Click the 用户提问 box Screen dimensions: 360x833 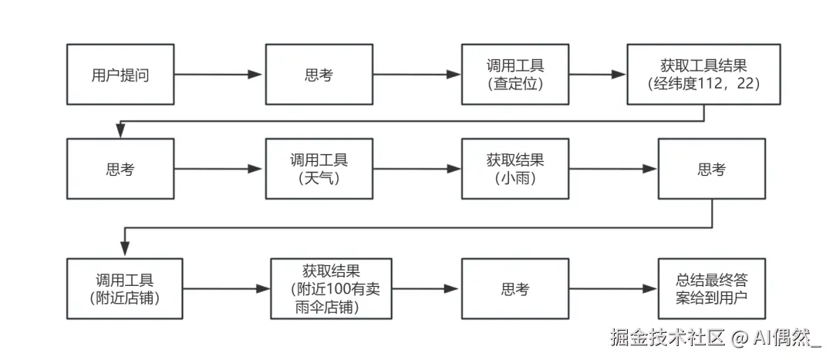coord(120,75)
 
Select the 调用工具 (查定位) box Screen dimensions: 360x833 coord(515,75)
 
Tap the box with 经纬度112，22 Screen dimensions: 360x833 coord(704,75)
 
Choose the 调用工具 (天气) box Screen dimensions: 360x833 coord(319,169)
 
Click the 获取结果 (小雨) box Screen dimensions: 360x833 coord(515,169)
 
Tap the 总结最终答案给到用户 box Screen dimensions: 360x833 coord(711,289)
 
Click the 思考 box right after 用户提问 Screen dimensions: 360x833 coord(319,75)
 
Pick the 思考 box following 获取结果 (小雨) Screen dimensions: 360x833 coord(711,169)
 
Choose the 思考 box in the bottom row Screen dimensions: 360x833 coord(515,289)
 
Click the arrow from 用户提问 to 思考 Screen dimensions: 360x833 coord(218,75)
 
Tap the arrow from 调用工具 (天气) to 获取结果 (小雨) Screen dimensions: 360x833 coord(416,169)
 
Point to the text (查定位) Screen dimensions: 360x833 coord(515,84)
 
